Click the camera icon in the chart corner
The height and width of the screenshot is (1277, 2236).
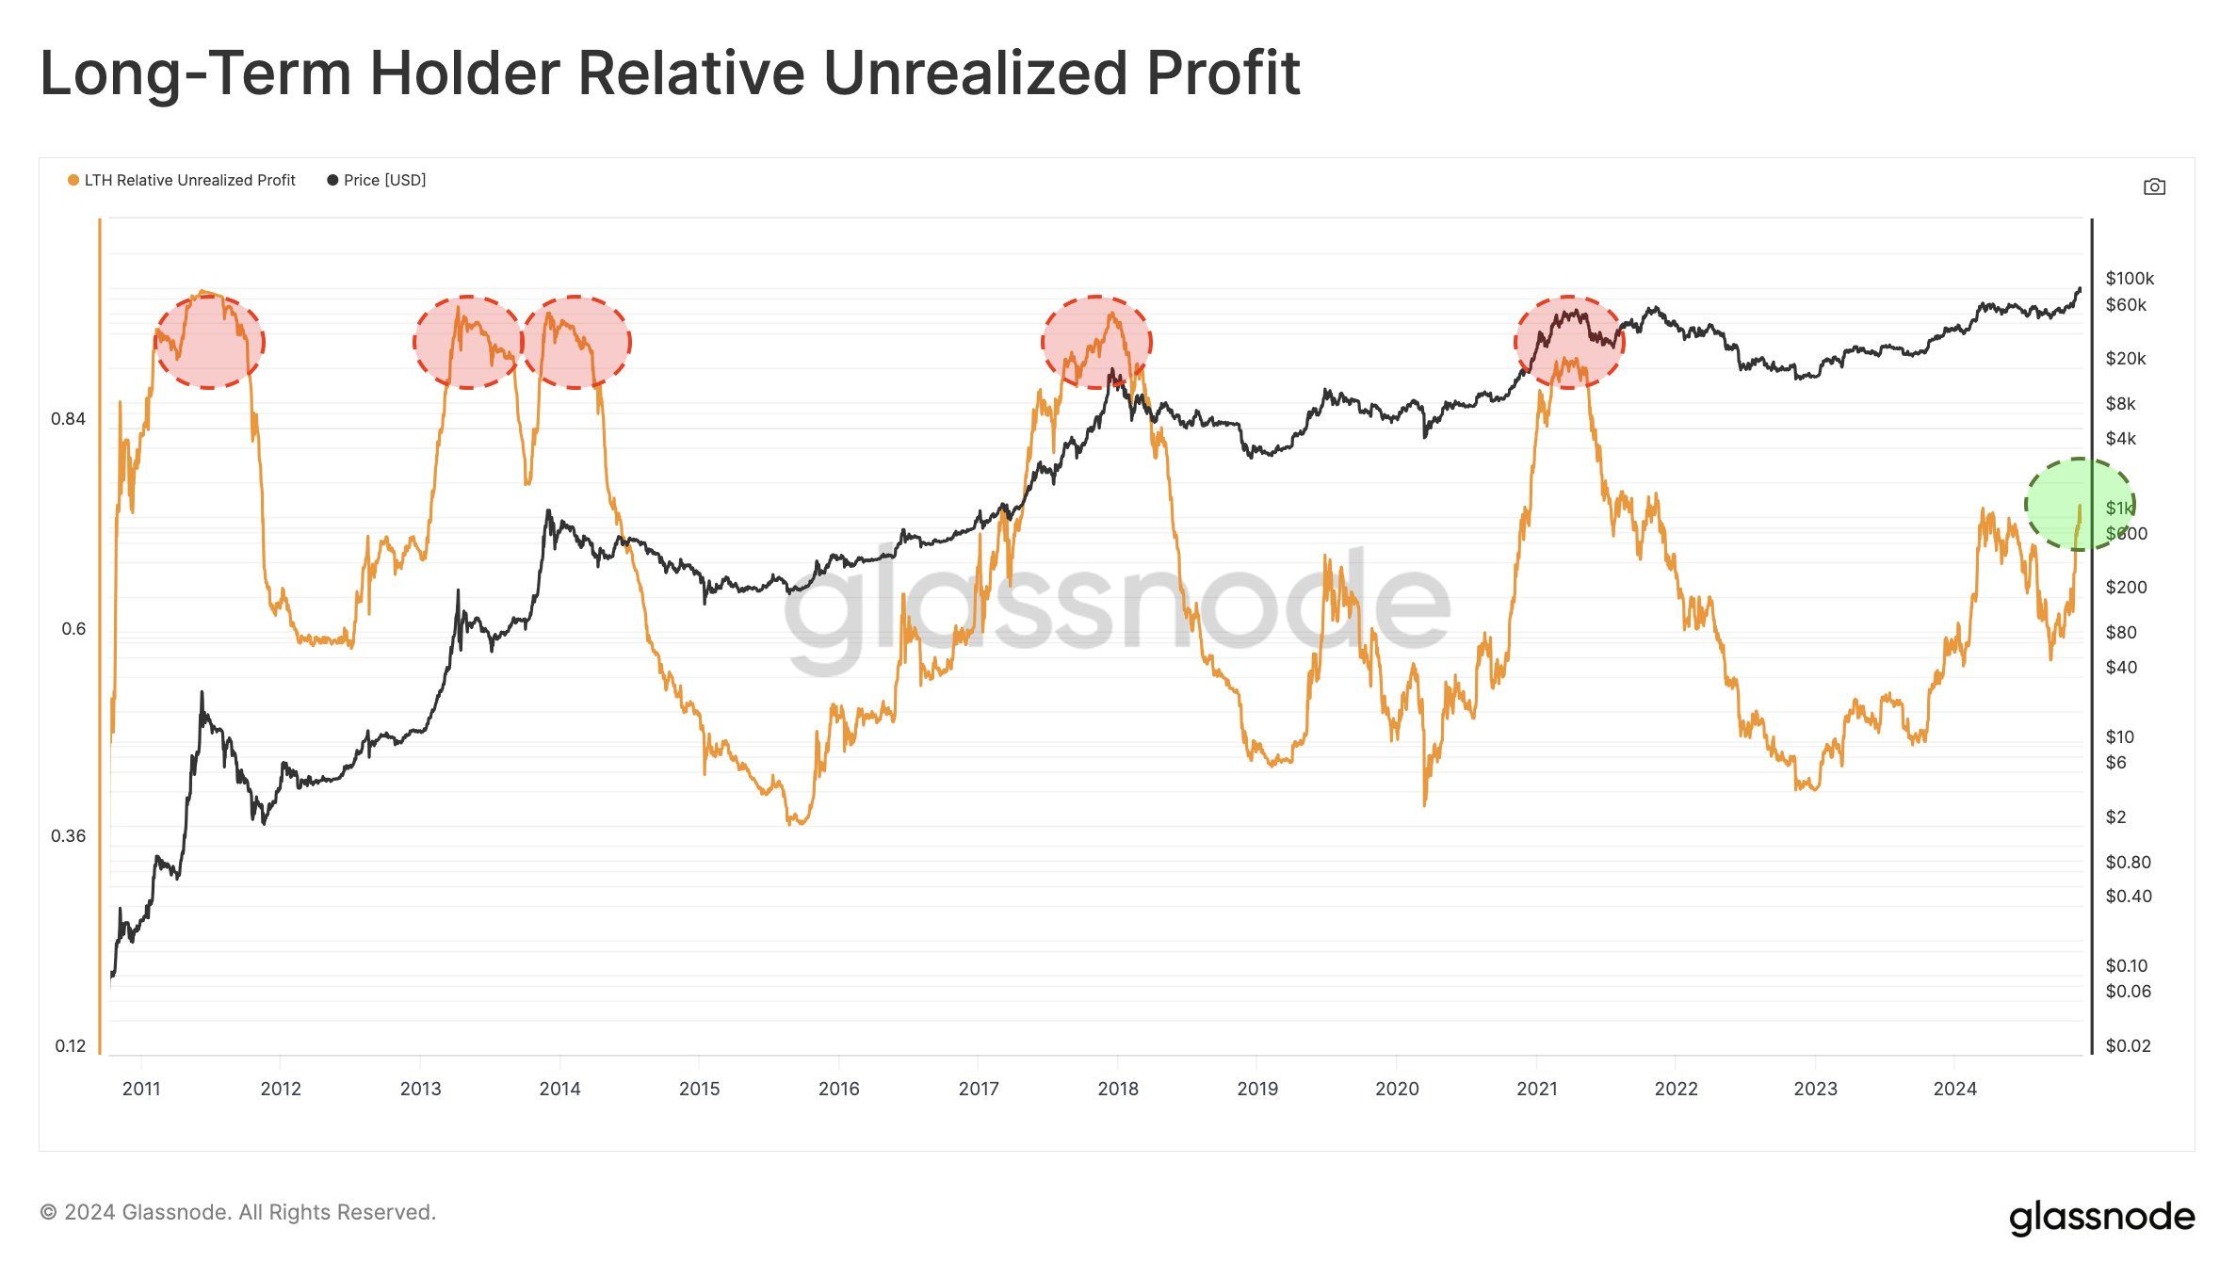(2154, 186)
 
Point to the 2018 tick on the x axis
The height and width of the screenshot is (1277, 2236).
(1118, 1089)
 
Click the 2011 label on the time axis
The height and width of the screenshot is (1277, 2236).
(141, 1089)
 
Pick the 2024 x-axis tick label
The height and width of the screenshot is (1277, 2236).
(1954, 1089)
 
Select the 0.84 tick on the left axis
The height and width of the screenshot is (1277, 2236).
(68, 419)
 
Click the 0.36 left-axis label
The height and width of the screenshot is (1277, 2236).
(68, 836)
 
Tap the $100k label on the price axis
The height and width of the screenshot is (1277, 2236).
(2130, 279)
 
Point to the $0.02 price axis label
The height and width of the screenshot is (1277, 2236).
(2128, 1045)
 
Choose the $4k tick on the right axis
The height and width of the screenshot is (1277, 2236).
(2121, 438)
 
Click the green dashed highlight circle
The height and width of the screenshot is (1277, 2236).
(2080, 504)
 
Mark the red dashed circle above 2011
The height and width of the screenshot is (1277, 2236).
(209, 341)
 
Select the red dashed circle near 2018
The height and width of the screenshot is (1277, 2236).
(1096, 341)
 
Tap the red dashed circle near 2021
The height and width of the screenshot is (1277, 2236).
(1569, 341)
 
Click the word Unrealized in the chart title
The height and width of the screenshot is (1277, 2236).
(975, 73)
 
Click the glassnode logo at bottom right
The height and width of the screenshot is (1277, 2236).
(2101, 1217)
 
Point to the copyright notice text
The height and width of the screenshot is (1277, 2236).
(237, 1212)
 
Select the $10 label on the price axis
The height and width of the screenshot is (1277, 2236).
(2119, 736)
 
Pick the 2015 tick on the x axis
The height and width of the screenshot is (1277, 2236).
(699, 1089)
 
